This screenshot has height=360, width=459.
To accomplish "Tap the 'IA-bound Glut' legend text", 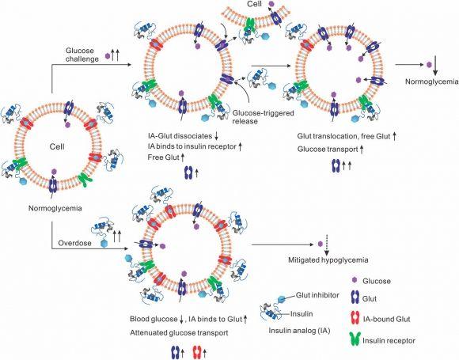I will click(404, 320).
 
